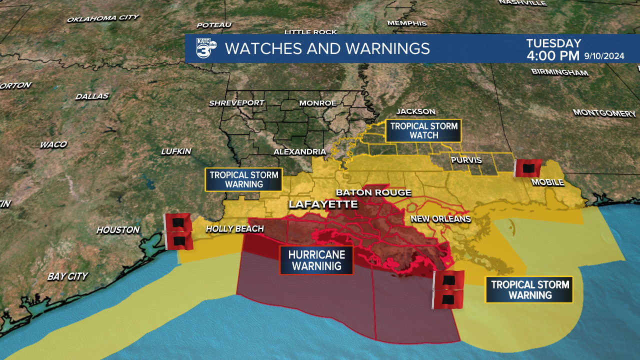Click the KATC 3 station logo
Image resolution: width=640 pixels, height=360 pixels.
pos(205,48)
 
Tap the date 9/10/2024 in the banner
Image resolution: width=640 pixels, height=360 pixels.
pos(604,56)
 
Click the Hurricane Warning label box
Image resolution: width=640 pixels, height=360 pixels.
pos(316,260)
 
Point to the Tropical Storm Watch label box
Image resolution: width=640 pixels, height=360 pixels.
pos(423,131)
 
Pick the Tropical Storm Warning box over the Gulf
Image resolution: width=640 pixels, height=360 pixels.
pos(529,290)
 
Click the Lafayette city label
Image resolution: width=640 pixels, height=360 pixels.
pos(323,204)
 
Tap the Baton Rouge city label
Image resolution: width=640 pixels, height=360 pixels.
pos(373,192)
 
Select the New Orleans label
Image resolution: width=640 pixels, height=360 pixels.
pos(440,219)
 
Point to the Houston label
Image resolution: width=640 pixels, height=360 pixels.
pos(118,230)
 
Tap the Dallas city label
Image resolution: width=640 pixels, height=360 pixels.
pos(91,96)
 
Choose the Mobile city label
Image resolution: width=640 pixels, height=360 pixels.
pos(547,182)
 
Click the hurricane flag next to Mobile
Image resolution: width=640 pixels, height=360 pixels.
pos(526,168)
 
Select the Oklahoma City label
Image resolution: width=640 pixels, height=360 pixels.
pos(102,18)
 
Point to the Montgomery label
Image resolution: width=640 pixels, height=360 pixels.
pos(604,113)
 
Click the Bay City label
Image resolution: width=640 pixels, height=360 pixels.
pos(67,276)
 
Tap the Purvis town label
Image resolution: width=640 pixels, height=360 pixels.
pos(466,160)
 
